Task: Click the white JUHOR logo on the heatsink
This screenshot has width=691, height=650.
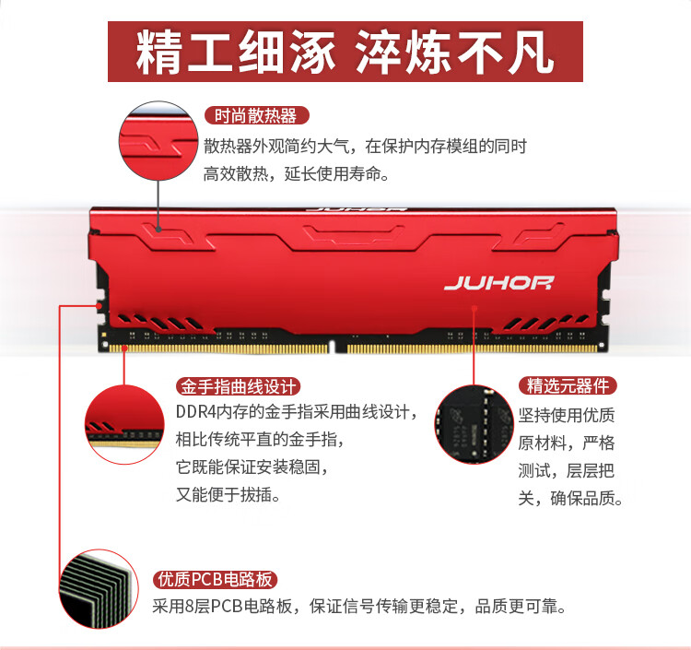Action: coord(498,283)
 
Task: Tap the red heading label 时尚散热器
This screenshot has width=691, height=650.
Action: coord(256,115)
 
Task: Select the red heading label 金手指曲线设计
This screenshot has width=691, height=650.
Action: coord(239,386)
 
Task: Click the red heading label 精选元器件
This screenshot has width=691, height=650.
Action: coord(568,386)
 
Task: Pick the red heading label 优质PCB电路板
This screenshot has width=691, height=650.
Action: coord(216,579)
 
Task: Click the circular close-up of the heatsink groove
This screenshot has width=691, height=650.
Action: coord(158,141)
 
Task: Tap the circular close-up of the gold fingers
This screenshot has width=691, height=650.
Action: coord(124,424)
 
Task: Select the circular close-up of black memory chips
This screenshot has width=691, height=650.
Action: coord(474,424)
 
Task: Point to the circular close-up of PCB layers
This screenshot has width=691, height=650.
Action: coord(99,589)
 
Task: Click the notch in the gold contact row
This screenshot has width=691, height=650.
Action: coord(337,347)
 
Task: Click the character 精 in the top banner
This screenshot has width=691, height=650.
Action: coord(158,52)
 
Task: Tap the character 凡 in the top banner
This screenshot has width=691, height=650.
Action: coord(531,52)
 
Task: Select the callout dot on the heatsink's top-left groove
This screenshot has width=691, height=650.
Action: coord(158,229)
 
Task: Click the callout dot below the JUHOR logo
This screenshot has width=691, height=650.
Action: coord(474,307)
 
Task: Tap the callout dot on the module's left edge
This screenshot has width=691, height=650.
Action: coord(100,305)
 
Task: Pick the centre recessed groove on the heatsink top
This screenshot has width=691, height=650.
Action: coord(354,233)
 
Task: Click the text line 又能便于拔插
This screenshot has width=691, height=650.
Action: coord(228,495)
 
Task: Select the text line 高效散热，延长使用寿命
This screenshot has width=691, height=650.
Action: coord(297,174)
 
